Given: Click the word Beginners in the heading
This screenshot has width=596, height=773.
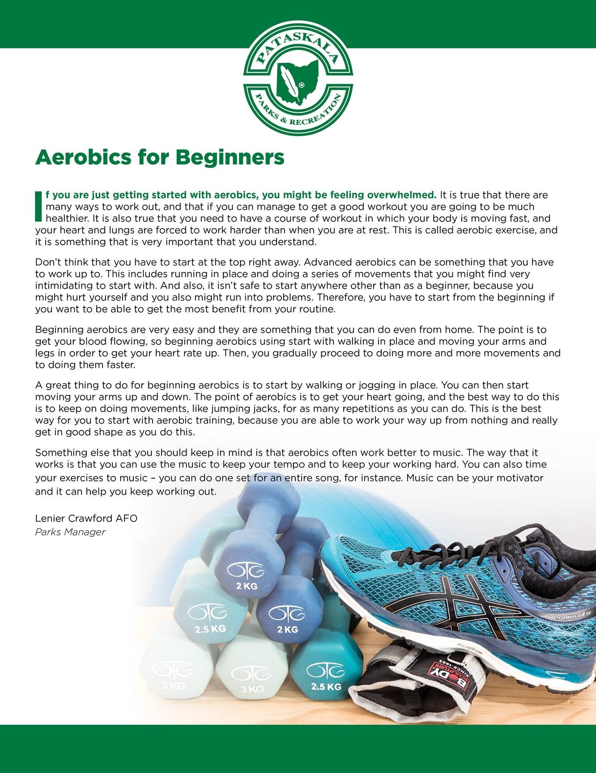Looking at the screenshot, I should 230,157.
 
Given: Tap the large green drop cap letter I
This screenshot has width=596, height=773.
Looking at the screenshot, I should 39,206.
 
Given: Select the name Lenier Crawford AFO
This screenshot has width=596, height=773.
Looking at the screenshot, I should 86,518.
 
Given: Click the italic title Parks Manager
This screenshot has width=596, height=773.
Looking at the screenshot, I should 70,532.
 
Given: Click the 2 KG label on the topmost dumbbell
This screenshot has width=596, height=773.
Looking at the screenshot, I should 247,585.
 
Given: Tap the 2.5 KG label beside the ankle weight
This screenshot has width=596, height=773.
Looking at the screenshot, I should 326,686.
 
